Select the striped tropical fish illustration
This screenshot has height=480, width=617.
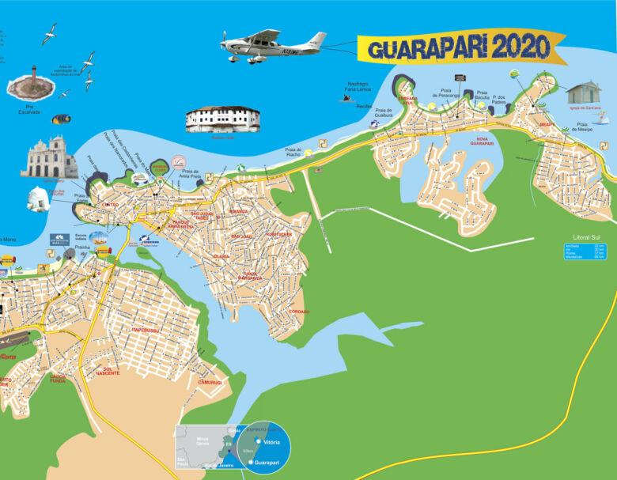point(61,119)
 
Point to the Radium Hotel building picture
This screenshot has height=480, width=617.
point(222,119)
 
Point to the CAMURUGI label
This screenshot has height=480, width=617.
point(210,382)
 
